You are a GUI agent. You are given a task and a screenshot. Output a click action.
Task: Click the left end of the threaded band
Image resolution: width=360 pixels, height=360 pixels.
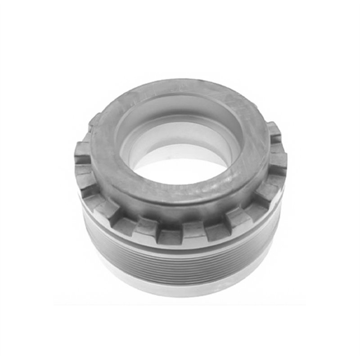[x=90, y=238]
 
